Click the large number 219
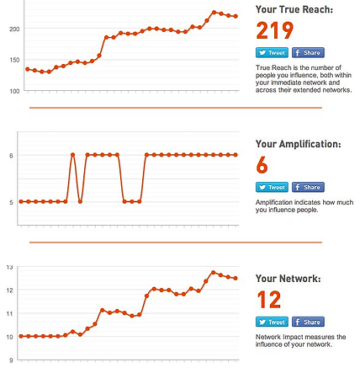tap(274, 30)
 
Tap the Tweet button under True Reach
tap(272, 52)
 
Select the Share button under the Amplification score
tap(308, 187)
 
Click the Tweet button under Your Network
tap(272, 322)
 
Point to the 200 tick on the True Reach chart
tap(14, 29)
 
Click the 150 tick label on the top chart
tap(14, 60)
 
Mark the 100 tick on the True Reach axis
tap(14, 91)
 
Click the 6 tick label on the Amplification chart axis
tap(11, 156)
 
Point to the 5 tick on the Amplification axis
tap(11, 202)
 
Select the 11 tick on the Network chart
tap(10, 313)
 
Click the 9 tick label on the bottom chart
tap(11, 360)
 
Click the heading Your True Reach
tap(294, 9)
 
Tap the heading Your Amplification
tap(299, 144)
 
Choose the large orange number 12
tap(269, 300)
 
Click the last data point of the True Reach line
tap(236, 16)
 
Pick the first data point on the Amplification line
tap(21, 201)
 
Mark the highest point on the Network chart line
tap(213, 273)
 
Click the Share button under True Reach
tap(308, 52)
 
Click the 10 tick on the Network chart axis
tap(10, 337)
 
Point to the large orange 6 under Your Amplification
tap(262, 165)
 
